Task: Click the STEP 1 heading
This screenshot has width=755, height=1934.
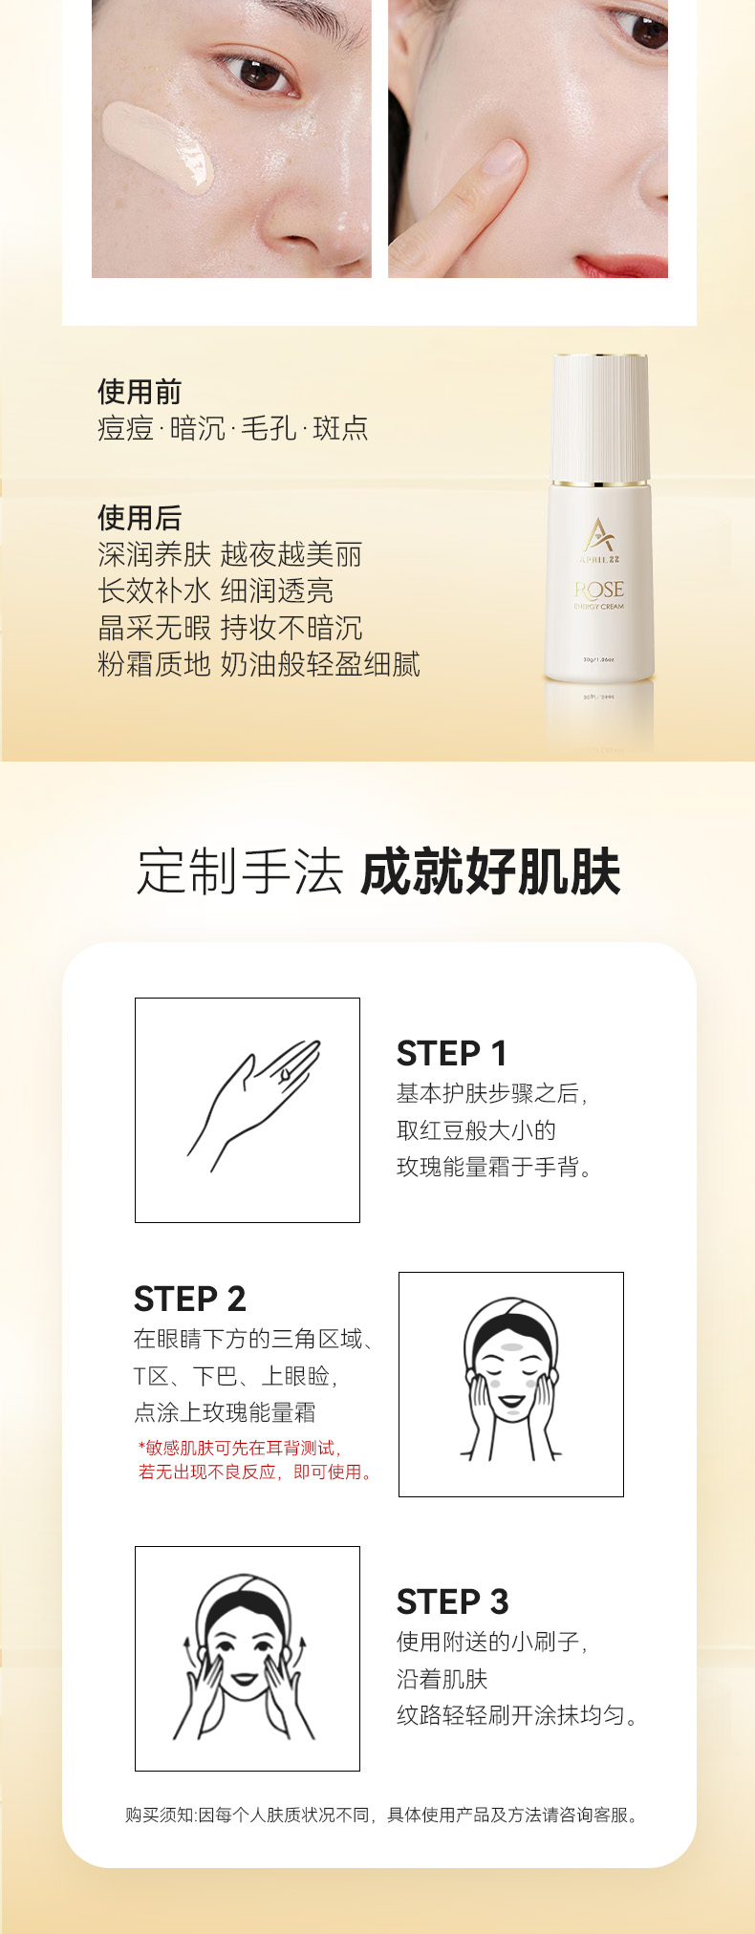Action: pyautogui.click(x=451, y=1053)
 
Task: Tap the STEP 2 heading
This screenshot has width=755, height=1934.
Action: pyautogui.click(x=189, y=1299)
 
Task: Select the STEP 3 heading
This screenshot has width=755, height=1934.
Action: pyautogui.click(x=452, y=1601)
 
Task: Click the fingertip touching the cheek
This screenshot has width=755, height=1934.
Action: pyautogui.click(x=507, y=158)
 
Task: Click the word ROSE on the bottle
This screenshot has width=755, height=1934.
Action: pyautogui.click(x=599, y=590)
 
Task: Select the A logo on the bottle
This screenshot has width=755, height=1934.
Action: pyautogui.click(x=599, y=535)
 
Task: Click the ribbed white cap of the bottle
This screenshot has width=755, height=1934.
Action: pyautogui.click(x=601, y=419)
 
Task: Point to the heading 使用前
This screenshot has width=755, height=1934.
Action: pyautogui.click(x=140, y=392)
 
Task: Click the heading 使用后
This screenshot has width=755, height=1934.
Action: pyautogui.click(x=140, y=518)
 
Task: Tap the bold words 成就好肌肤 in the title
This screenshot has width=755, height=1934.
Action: pyautogui.click(x=491, y=871)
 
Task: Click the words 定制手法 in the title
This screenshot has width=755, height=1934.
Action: pyautogui.click(x=239, y=871)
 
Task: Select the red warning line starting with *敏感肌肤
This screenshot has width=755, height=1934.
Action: pyautogui.click(x=239, y=1448)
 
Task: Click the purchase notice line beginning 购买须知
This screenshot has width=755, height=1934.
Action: pyautogui.click(x=381, y=1815)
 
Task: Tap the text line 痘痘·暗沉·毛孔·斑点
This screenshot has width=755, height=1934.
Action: pyautogui.click(x=232, y=428)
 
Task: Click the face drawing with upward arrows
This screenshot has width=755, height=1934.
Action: pyautogui.click(x=247, y=1659)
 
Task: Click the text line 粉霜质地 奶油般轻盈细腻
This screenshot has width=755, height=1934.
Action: pyautogui.click(x=259, y=664)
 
